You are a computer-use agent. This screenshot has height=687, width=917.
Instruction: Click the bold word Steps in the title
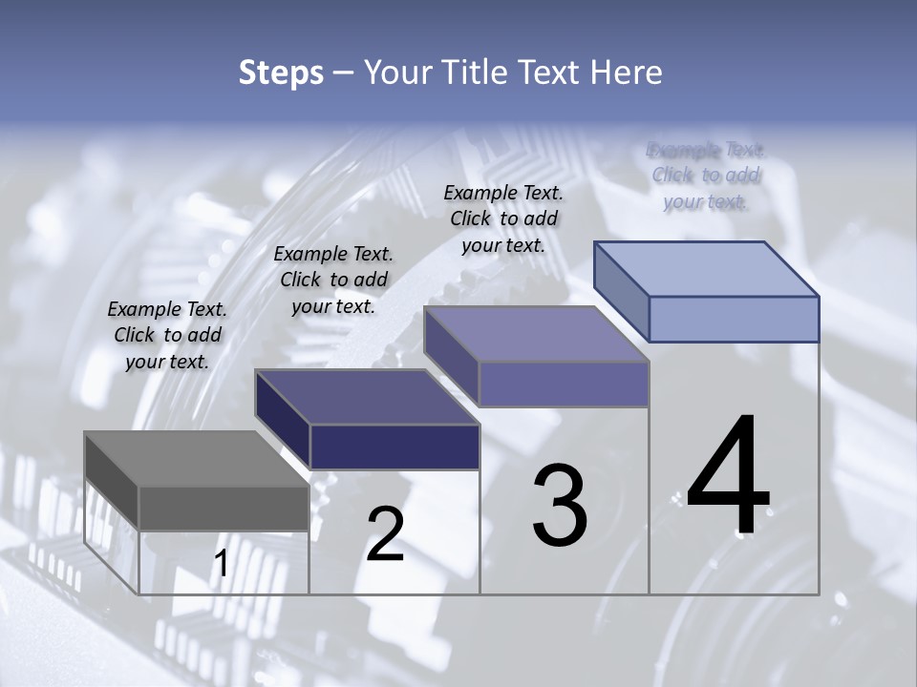tap(281, 73)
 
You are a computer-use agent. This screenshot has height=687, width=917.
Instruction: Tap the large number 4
tap(728, 477)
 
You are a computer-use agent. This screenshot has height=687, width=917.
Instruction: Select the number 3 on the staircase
tap(560, 506)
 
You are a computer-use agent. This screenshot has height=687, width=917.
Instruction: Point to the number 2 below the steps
tap(385, 534)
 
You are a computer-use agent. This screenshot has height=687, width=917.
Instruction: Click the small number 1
tap(221, 564)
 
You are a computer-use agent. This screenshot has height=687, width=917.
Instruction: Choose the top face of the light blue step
tap(707, 269)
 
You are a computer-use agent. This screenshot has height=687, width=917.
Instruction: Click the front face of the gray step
tap(224, 509)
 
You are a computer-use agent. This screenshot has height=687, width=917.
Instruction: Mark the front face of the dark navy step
tap(395, 447)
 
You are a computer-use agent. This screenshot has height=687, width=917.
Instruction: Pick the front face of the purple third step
tap(564, 384)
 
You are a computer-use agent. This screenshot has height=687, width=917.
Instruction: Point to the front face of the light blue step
tap(734, 319)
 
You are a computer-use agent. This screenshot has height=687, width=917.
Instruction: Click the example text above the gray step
tap(167, 336)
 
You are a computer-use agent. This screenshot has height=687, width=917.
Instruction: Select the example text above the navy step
tap(333, 281)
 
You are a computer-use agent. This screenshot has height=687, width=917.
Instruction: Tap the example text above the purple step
tap(503, 219)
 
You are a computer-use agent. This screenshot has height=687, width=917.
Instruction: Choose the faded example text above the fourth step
tap(706, 176)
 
